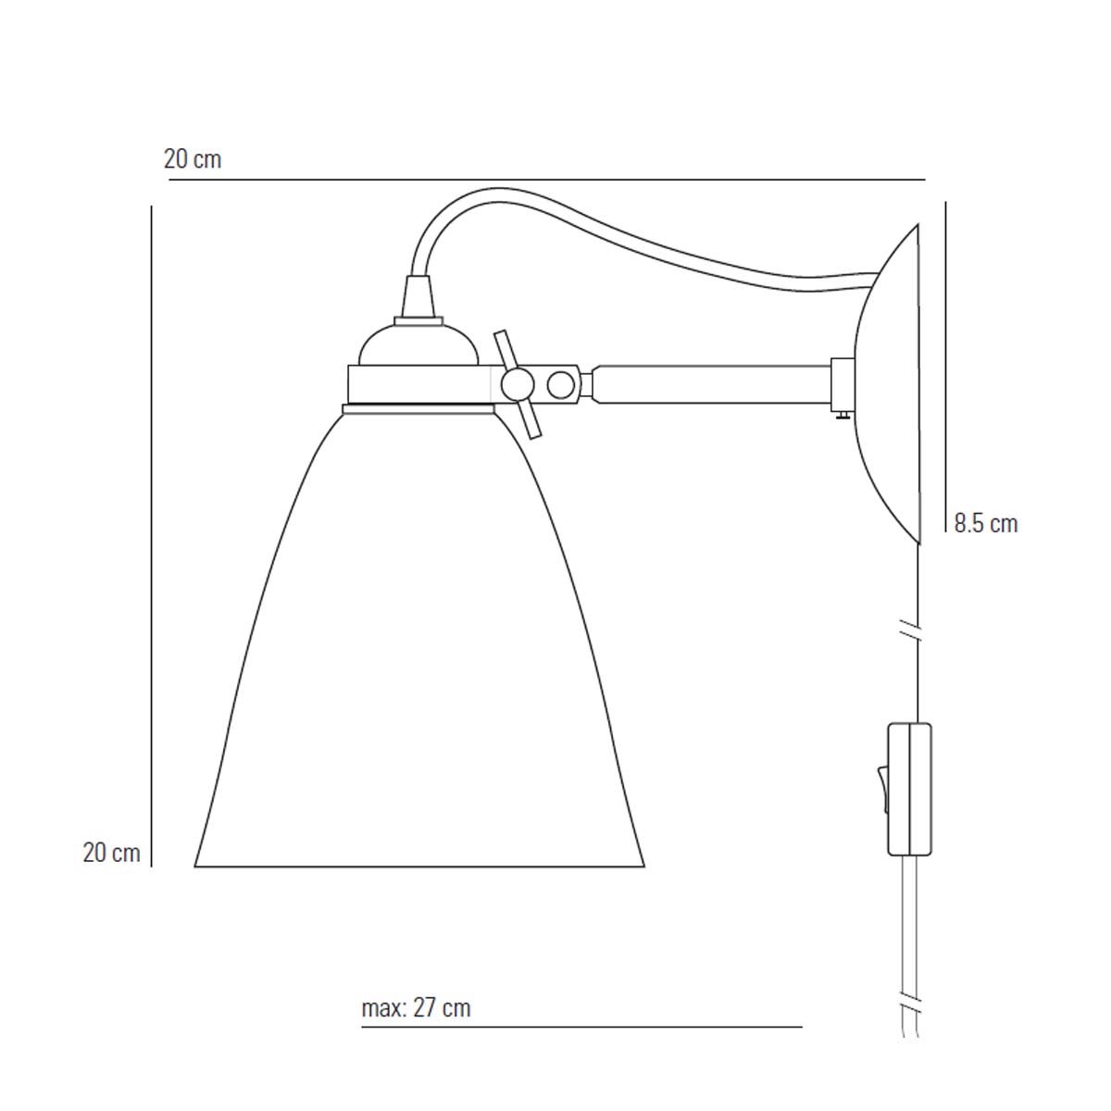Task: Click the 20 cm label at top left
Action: [193, 159]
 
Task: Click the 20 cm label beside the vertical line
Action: [111, 853]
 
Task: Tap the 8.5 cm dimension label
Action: [986, 524]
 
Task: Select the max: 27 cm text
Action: [416, 1007]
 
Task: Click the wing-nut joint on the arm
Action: [516, 383]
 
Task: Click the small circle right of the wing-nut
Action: [561, 383]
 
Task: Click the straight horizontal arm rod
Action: [713, 383]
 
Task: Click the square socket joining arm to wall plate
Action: [843, 384]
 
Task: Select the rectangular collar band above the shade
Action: [418, 383]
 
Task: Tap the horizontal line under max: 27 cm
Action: [581, 1027]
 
